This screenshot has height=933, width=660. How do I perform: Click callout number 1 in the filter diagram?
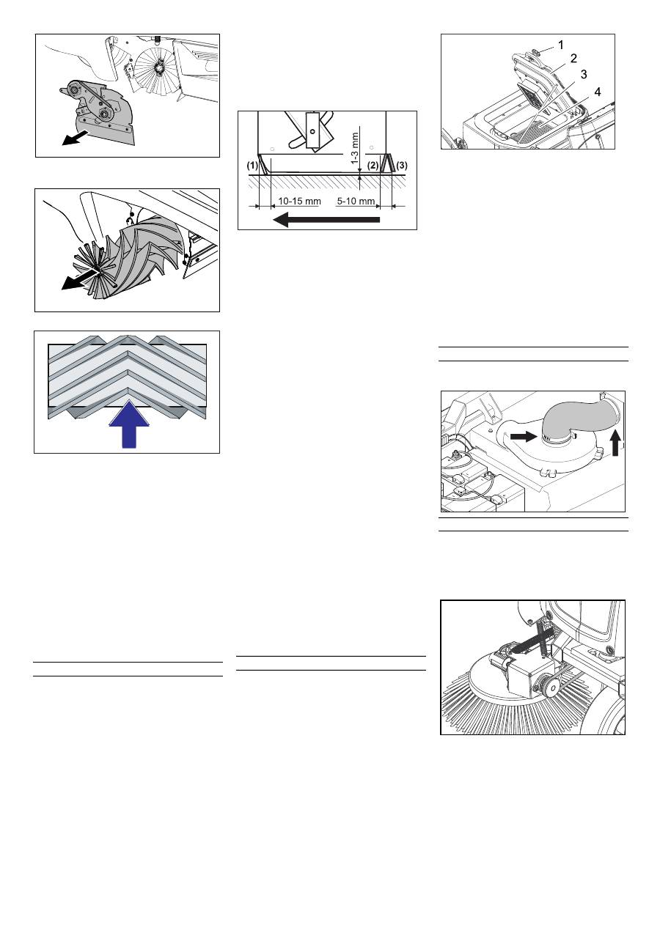click(x=560, y=45)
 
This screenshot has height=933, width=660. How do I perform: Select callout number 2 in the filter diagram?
click(x=575, y=59)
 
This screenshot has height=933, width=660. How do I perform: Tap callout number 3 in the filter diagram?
click(x=584, y=75)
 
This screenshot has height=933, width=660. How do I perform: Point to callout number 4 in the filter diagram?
click(x=598, y=92)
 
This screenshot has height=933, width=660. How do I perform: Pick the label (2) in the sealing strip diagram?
click(x=373, y=166)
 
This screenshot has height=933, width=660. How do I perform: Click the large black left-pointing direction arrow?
click(x=326, y=218)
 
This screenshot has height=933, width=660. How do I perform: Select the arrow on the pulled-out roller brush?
click(x=78, y=280)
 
